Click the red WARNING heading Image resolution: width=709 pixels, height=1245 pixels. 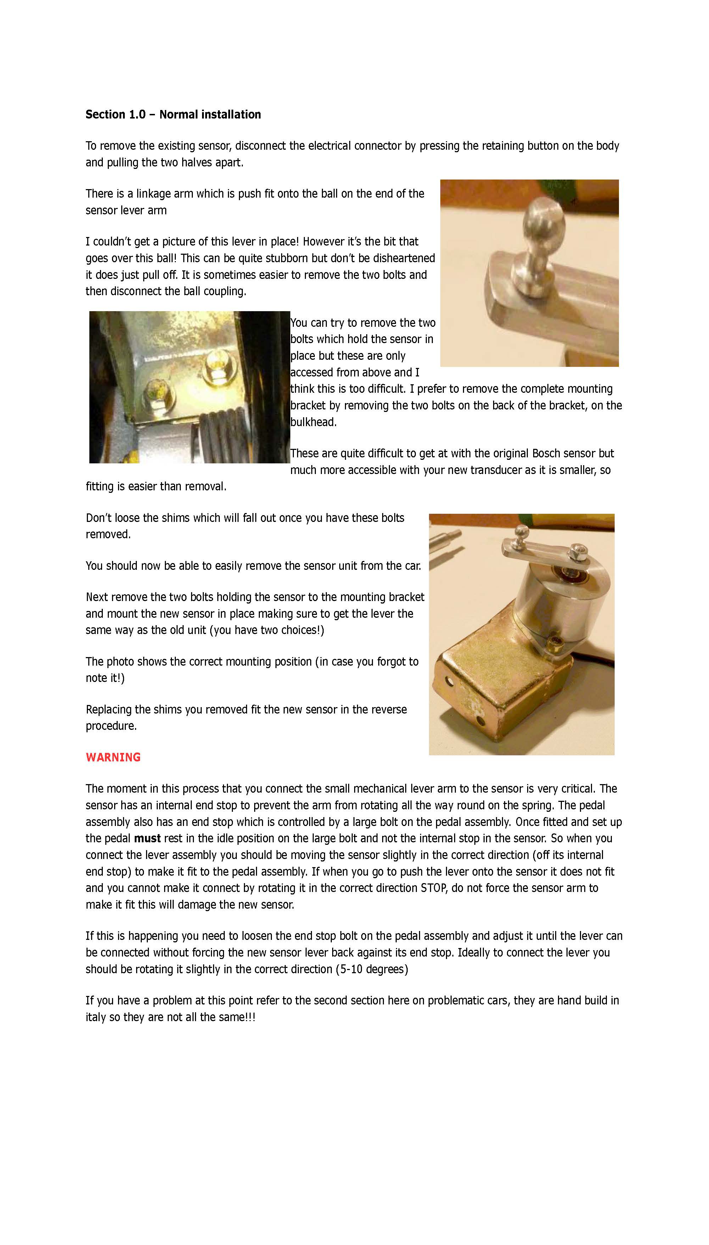[113, 757]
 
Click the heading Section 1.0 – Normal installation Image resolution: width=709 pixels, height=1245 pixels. [173, 115]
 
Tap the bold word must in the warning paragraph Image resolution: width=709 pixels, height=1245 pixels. [147, 838]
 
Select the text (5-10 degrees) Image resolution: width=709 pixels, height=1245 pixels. [372, 969]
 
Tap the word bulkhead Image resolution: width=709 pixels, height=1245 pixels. [313, 422]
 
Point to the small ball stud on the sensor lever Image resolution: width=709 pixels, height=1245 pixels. [523, 533]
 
